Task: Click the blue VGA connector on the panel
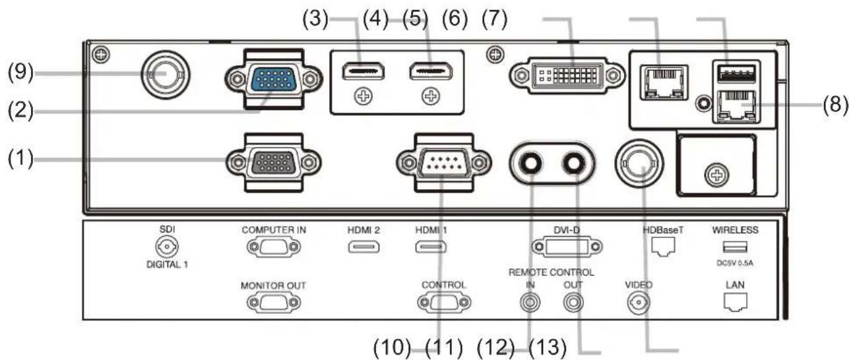click(273, 79)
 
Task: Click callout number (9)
click(20, 72)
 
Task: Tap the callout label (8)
click(835, 104)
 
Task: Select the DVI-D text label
click(567, 230)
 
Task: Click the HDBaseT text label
click(663, 230)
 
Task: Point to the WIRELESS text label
click(736, 230)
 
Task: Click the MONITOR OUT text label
click(273, 285)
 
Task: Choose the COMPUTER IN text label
click(274, 230)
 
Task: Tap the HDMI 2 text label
click(363, 230)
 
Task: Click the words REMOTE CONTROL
click(551, 272)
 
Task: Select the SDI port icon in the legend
click(167, 247)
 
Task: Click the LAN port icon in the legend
click(736, 302)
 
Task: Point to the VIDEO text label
click(639, 285)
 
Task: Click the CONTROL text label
click(444, 285)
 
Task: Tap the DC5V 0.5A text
click(735, 262)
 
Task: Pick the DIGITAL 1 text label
click(167, 264)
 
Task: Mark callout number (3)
click(315, 19)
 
